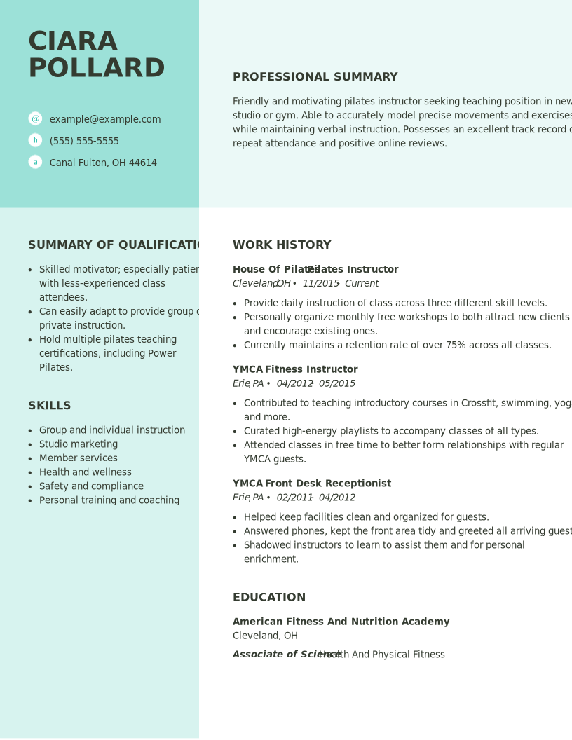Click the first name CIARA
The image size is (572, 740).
[x=72, y=42]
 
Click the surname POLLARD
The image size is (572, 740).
[x=96, y=69]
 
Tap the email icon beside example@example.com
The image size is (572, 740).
[x=35, y=118]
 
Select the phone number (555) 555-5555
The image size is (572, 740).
[x=84, y=141]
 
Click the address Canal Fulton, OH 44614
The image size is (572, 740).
[x=103, y=163]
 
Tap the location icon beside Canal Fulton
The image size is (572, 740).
[x=35, y=162]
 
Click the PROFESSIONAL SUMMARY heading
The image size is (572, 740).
[x=315, y=77]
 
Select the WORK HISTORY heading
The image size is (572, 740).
[x=282, y=245]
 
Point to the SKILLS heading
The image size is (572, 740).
[x=49, y=406]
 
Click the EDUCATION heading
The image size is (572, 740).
[x=269, y=598]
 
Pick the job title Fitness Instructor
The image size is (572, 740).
[x=311, y=369]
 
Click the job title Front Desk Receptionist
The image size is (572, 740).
[x=328, y=484]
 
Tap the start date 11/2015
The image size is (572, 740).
[x=320, y=284]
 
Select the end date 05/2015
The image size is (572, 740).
[x=337, y=383]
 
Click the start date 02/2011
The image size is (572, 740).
[x=294, y=498]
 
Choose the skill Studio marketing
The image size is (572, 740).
[x=79, y=444]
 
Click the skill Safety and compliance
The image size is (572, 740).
[x=91, y=486]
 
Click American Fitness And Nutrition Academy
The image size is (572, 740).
[x=341, y=622]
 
